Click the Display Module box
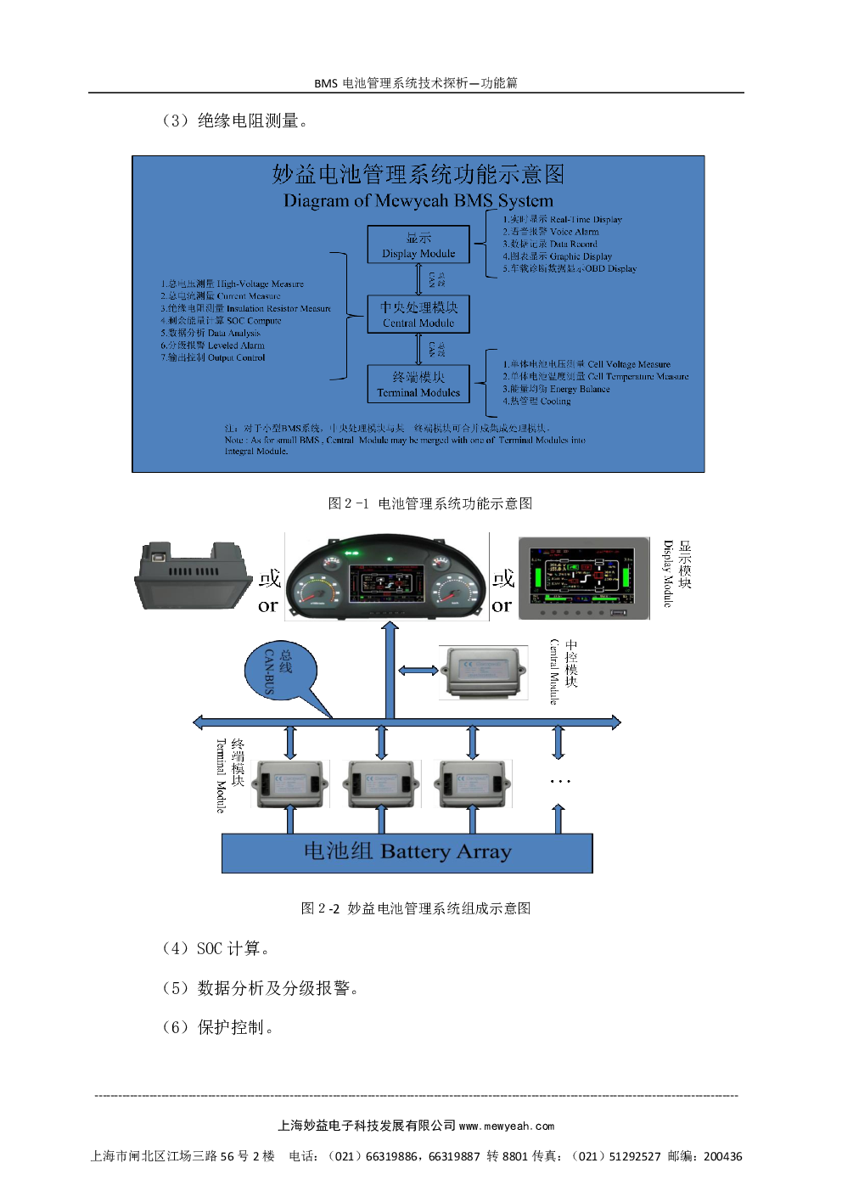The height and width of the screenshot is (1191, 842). pos(418,244)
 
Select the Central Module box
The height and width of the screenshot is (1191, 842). pos(418,314)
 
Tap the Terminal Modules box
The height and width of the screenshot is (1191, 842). pos(418,384)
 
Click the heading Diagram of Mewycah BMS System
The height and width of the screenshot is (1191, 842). pos(418,201)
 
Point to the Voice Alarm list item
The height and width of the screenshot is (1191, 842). pos(551,232)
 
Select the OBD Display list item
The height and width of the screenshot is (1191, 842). pos(570,269)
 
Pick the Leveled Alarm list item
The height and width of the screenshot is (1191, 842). pos(213,346)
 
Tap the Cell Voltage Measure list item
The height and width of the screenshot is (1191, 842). pos(587,364)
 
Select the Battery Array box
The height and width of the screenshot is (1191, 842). pos(407,852)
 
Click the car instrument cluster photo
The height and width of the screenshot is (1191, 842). pos(387,576)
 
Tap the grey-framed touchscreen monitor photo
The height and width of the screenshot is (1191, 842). pos(583,578)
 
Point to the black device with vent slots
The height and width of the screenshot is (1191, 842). pos(194,576)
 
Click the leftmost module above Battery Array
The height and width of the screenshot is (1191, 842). pos(290,784)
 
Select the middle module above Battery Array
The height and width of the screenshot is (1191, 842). pos(381,784)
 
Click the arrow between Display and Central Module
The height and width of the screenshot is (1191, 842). pos(418,279)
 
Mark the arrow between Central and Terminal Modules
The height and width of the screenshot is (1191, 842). pos(418,349)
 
